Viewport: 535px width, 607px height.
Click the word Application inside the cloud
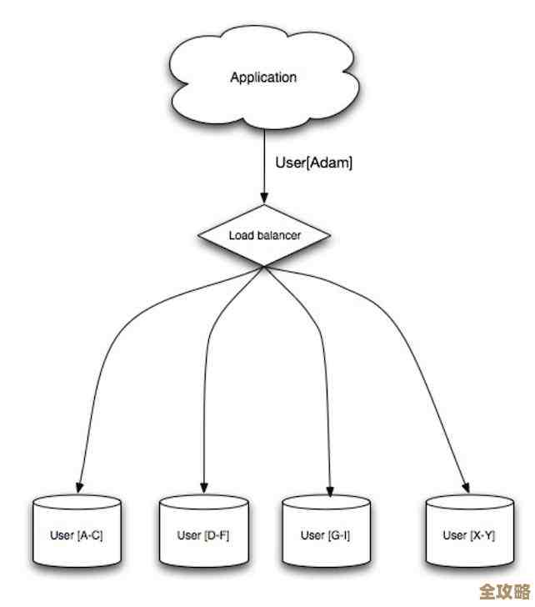[263, 78]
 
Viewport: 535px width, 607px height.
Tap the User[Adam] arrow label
[313, 163]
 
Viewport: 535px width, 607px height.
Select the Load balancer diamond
[264, 235]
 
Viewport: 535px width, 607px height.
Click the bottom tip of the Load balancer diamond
[264, 267]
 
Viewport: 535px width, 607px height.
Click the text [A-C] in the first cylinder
[90, 534]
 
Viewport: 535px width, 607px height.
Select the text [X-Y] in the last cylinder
[482, 534]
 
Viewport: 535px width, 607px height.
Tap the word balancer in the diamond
[277, 236]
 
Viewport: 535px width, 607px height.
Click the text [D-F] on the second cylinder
[216, 534]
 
